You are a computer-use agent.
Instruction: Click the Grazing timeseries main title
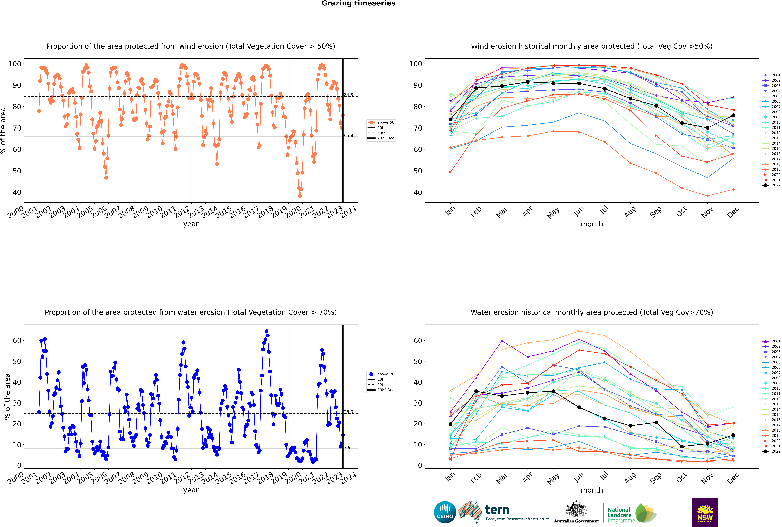pyautogui.click(x=358, y=3)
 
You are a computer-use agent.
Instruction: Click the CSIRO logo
pyautogui.click(x=445, y=512)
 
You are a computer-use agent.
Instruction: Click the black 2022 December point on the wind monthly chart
pyautogui.click(x=733, y=115)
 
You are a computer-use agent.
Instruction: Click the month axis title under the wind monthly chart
pyautogui.click(x=592, y=224)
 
